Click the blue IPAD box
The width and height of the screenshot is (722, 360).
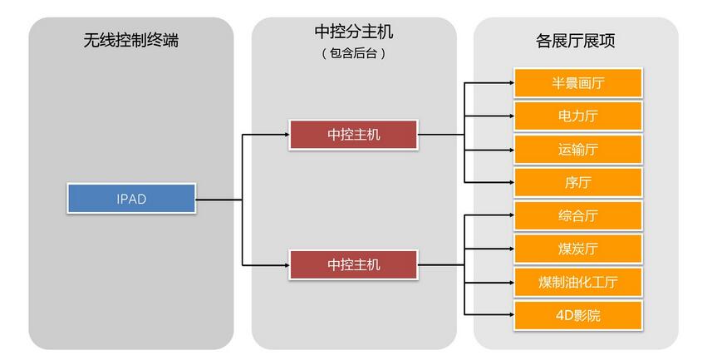tap(131, 200)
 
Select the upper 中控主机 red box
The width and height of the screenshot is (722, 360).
tap(353, 134)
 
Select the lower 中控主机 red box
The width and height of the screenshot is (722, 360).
tap(353, 265)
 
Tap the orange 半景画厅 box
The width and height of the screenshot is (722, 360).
tap(578, 83)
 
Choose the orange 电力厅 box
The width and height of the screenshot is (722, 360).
tap(578, 116)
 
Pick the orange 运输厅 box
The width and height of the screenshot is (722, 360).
tap(578, 150)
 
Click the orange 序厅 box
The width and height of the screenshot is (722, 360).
tap(578, 182)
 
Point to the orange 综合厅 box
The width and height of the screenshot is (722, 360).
tap(578, 215)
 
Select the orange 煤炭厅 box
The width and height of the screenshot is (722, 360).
tap(578, 249)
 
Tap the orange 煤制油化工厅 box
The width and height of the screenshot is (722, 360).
tap(578, 282)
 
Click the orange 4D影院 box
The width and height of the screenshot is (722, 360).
tap(578, 315)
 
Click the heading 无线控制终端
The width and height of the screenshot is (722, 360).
tap(131, 40)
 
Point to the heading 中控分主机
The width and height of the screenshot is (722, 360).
tap(353, 32)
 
